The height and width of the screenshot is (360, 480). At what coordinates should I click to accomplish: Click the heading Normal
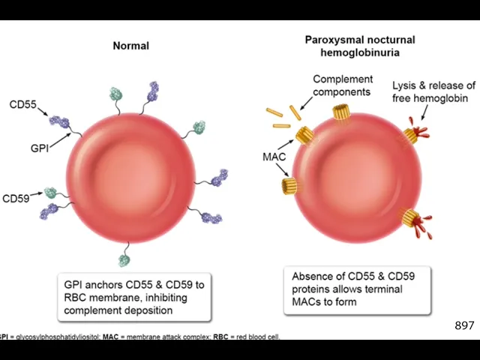(x=130, y=46)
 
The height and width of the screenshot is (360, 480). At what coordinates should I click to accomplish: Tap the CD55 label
(x=22, y=104)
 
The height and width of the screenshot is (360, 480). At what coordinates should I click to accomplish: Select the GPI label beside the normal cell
(x=40, y=148)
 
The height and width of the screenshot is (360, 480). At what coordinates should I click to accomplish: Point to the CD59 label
(x=16, y=199)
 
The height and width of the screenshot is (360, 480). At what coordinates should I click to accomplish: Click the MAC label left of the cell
(x=274, y=157)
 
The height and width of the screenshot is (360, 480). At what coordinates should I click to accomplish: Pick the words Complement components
(x=342, y=85)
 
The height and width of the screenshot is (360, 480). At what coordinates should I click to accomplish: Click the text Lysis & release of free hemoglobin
(x=433, y=91)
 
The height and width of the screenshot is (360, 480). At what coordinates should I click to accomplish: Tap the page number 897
(x=464, y=325)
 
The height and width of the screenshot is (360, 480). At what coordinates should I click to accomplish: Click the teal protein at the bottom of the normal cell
(x=124, y=260)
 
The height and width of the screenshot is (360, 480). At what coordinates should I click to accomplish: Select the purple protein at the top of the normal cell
(x=153, y=91)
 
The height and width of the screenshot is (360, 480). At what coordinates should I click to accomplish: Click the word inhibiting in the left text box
(x=162, y=297)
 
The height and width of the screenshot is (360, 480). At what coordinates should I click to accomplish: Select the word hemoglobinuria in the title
(x=359, y=52)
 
